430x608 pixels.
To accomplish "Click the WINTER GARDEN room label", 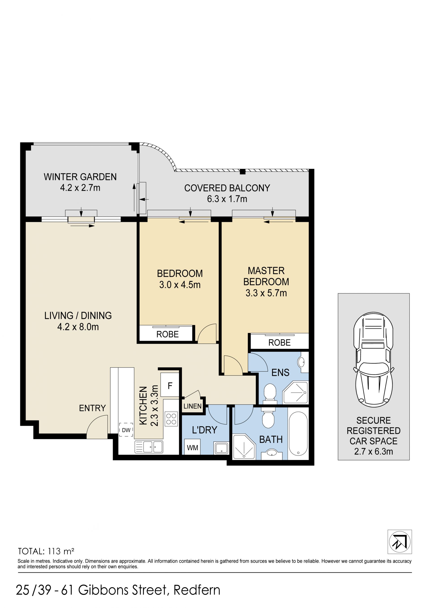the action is point(80,177).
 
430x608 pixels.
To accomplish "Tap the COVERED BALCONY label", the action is point(227,188).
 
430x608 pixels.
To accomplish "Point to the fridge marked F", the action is point(170,385).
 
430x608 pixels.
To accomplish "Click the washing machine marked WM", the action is point(193,447).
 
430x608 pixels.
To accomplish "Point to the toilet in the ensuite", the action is point(270,393).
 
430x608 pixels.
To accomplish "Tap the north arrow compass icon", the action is point(400,542).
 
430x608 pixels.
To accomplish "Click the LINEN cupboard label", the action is point(193,406).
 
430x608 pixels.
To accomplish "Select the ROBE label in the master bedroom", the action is point(279,343).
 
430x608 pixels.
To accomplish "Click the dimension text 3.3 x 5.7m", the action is point(266,293).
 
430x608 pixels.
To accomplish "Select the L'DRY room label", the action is point(204,430).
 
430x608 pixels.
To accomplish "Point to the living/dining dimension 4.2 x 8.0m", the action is point(78,327).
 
